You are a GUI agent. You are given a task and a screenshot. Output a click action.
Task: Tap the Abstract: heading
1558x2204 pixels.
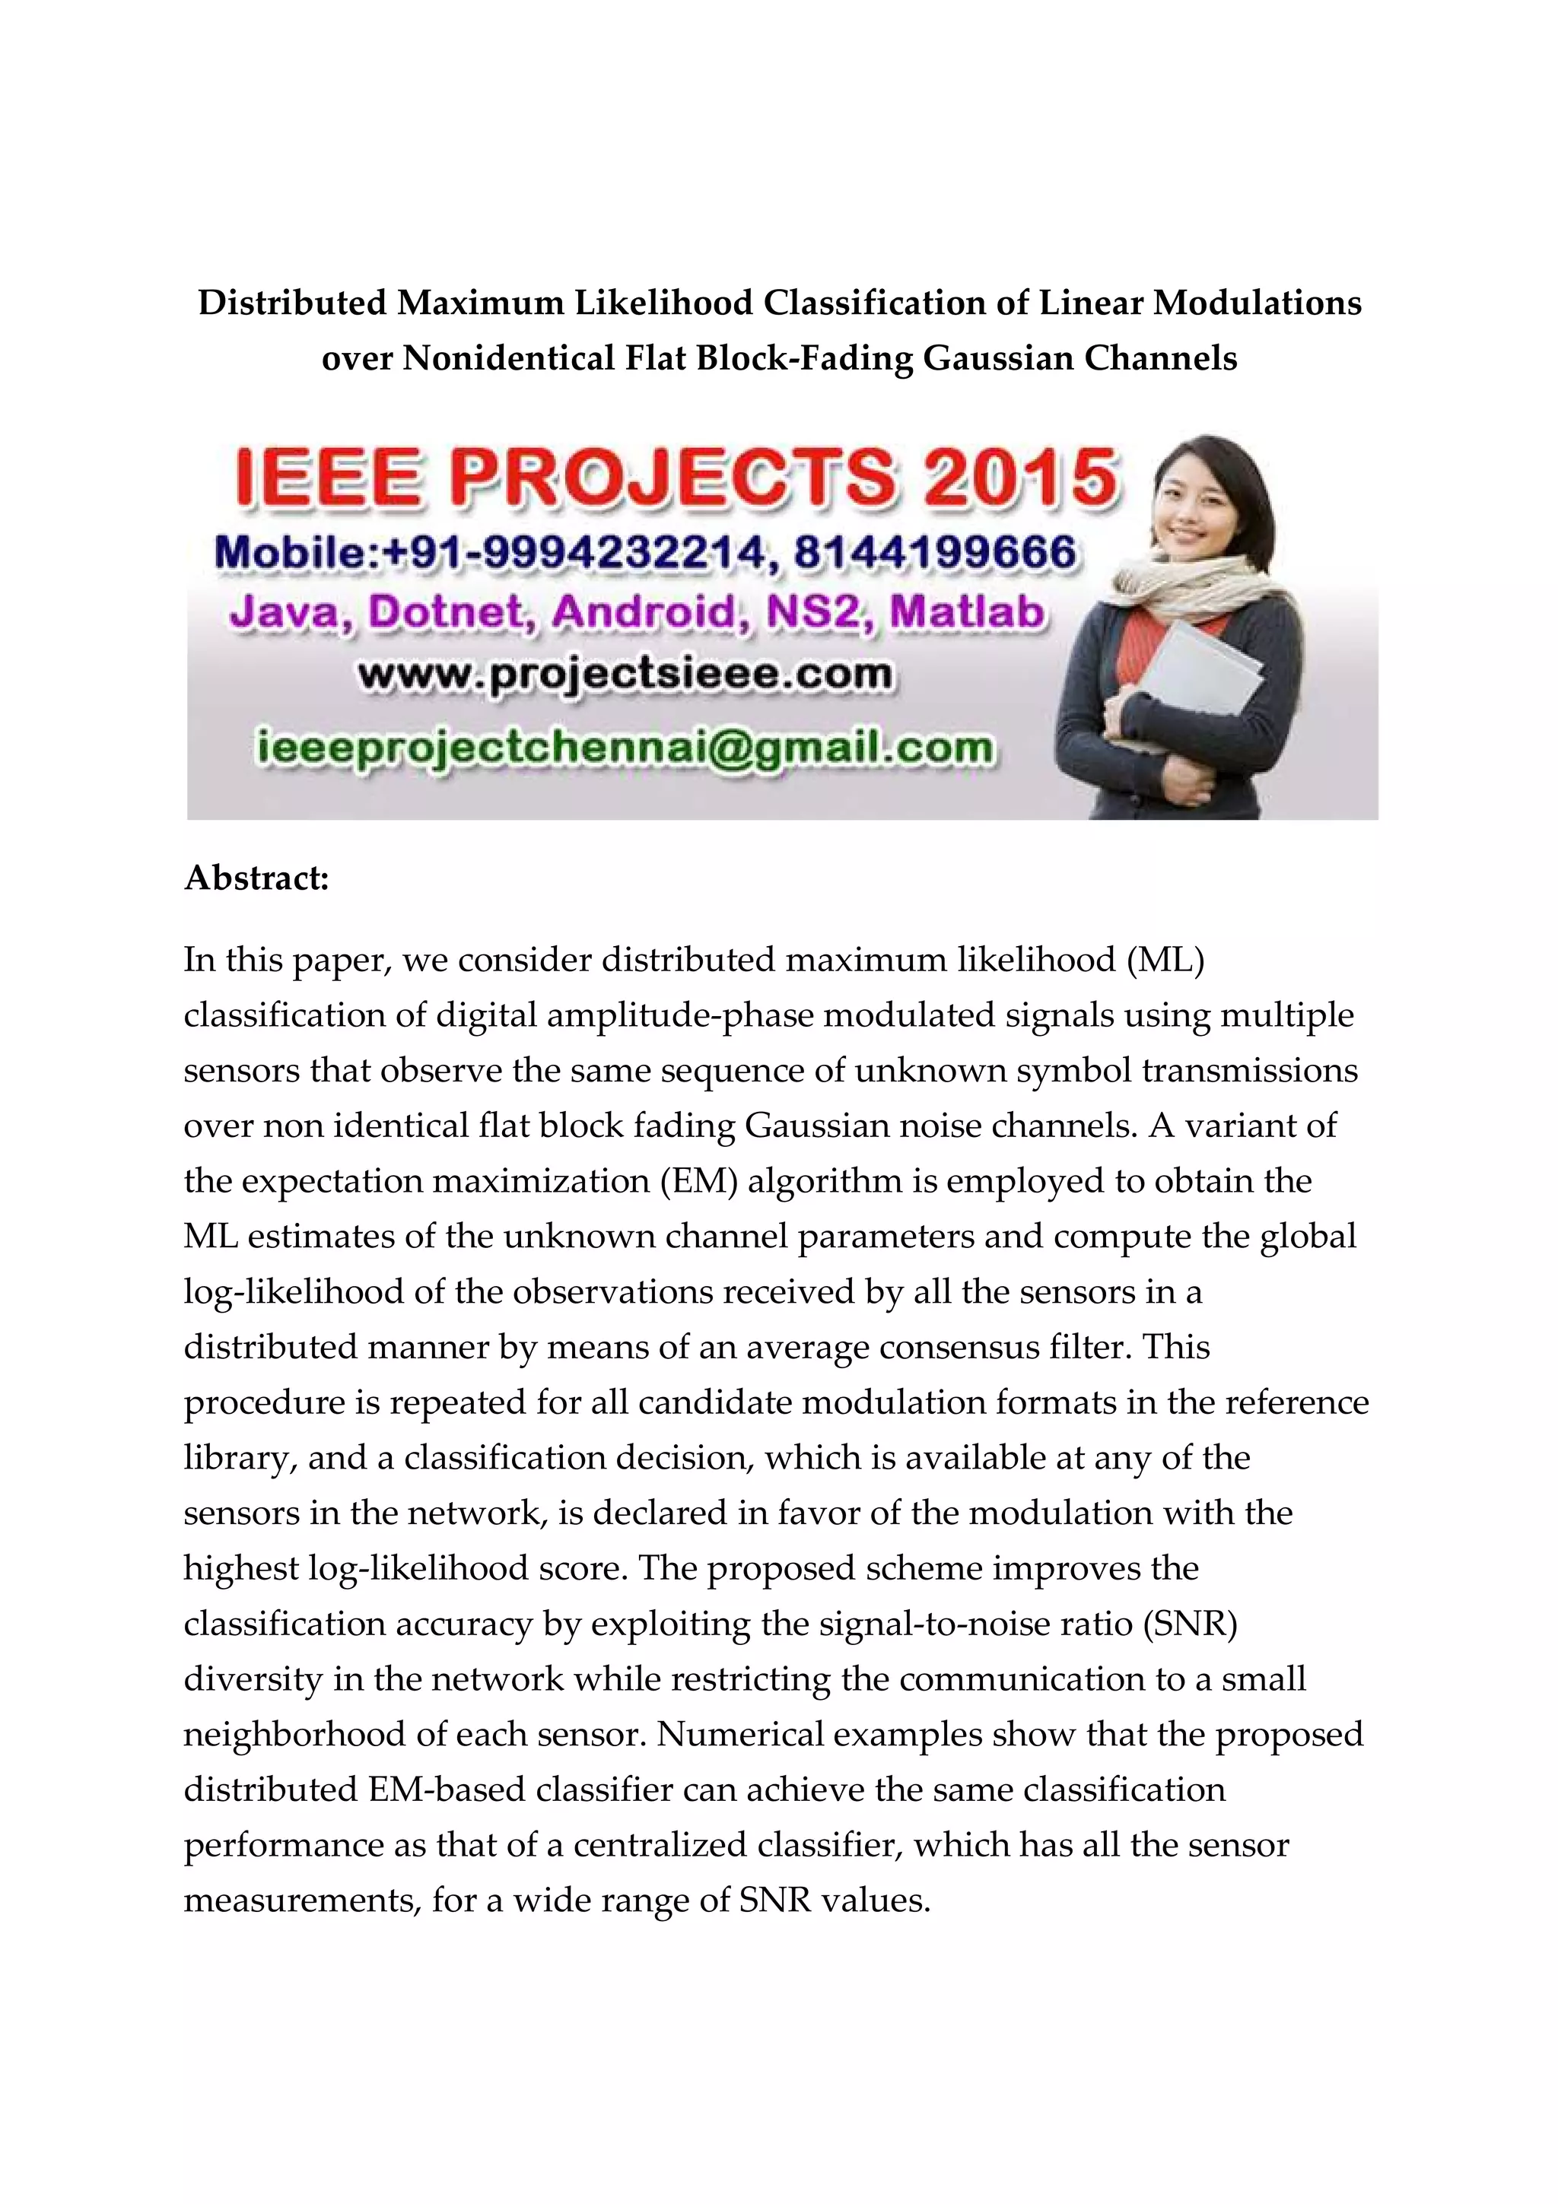(256, 878)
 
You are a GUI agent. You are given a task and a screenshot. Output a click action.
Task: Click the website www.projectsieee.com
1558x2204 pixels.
(625, 675)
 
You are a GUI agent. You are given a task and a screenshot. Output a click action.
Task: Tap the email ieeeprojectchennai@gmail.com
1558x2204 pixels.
(625, 748)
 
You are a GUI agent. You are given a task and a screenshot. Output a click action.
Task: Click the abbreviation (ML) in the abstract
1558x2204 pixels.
(1165, 960)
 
